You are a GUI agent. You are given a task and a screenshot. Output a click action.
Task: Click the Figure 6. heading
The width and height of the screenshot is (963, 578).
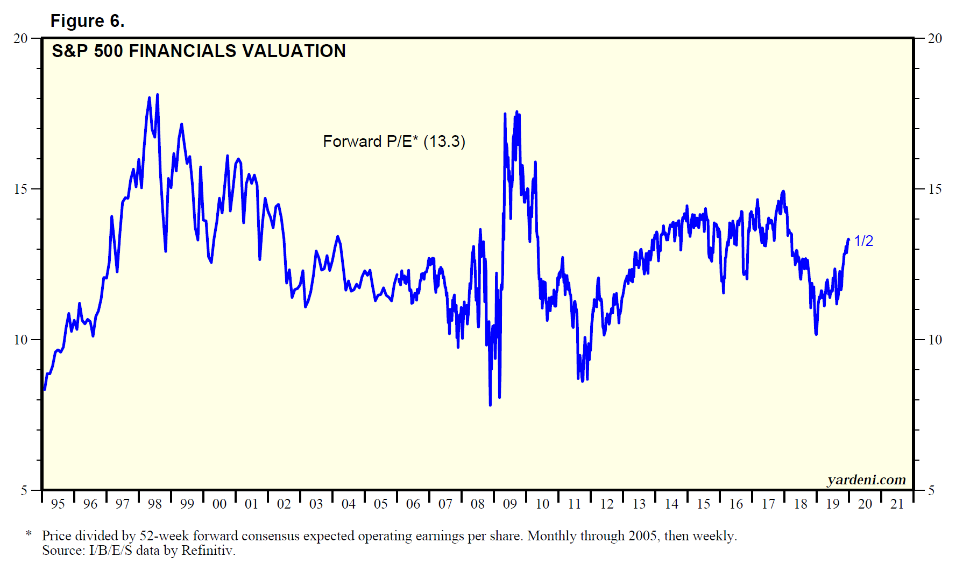point(87,21)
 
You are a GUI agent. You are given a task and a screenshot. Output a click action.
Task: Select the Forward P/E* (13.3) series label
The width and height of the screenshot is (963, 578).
point(394,142)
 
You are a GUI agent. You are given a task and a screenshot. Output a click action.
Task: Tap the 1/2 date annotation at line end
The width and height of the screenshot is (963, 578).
point(863,241)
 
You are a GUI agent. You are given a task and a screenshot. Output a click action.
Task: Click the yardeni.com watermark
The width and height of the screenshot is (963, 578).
point(866,480)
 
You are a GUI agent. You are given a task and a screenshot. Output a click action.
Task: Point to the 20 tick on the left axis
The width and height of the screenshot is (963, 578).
point(20,38)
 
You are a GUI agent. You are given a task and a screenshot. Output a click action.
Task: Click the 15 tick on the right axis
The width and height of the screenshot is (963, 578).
point(935,189)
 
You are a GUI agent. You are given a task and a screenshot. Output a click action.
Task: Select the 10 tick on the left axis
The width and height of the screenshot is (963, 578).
point(20,340)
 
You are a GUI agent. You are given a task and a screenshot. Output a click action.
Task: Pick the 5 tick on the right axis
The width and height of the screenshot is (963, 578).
point(932,490)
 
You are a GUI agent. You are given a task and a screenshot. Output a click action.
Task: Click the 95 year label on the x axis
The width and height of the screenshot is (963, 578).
point(58,504)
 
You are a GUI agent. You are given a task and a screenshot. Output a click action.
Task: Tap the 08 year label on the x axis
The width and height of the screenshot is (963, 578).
point(477,504)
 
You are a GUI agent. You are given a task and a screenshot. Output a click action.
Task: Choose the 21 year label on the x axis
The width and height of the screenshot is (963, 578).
point(897,504)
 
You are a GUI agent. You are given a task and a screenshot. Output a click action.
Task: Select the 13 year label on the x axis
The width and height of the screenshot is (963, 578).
point(639,504)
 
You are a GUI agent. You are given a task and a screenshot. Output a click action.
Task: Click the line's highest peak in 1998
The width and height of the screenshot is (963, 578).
point(157,95)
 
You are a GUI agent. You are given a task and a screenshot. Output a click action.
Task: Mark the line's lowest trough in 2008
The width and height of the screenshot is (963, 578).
point(490,405)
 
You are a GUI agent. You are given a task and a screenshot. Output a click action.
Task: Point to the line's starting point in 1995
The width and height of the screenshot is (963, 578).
point(44,389)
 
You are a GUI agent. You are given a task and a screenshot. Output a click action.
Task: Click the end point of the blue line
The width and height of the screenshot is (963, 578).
point(848,239)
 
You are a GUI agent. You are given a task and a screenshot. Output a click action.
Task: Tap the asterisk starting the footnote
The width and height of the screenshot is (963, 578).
point(29,534)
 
